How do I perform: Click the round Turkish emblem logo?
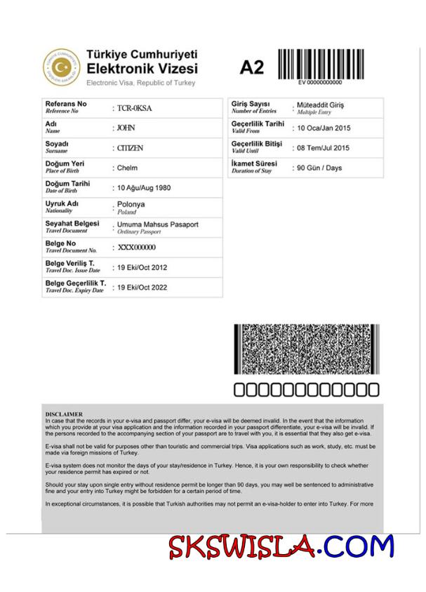(62, 67)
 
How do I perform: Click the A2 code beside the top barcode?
(252, 67)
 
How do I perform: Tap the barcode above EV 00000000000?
(320, 64)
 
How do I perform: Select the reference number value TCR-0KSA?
(135, 109)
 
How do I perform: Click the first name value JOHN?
(126, 128)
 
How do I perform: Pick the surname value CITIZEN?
(130, 148)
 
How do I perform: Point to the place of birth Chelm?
(127, 168)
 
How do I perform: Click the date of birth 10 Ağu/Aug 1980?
(144, 188)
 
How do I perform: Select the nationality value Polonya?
(131, 204)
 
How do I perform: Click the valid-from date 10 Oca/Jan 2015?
(324, 128)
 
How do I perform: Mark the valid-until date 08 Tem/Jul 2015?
(324, 148)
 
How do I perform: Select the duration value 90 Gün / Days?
(319, 168)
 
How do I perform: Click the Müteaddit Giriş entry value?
(321, 105)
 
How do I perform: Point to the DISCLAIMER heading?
(64, 415)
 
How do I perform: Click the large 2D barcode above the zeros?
(307, 350)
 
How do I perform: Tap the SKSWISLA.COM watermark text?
(281, 546)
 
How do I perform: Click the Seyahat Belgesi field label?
(72, 224)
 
